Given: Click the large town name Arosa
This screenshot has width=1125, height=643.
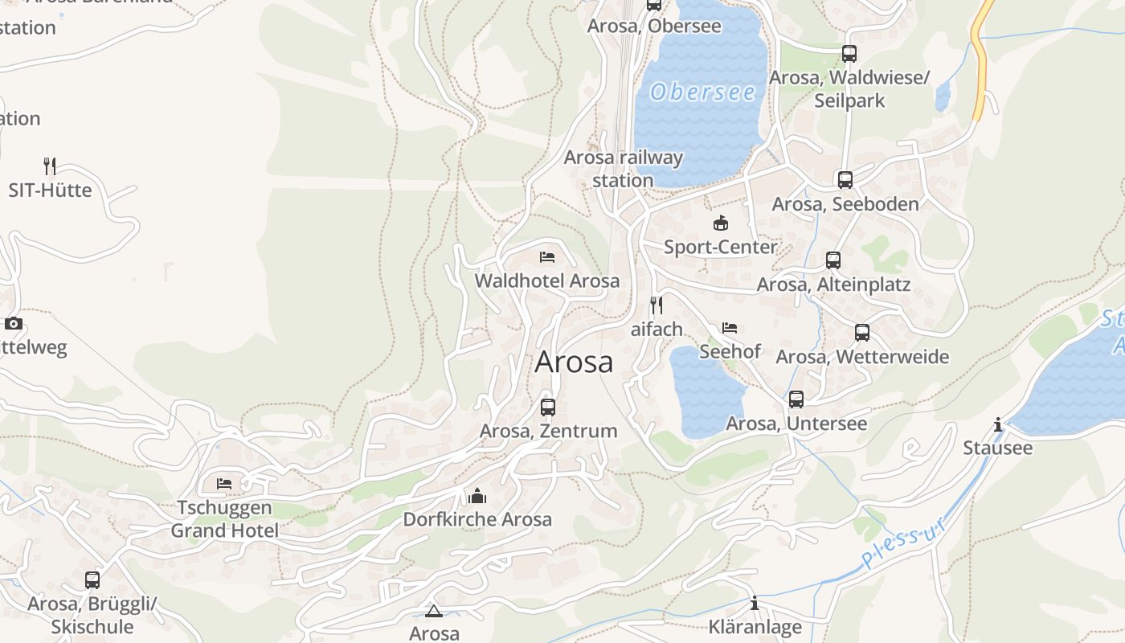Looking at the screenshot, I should tap(574, 362).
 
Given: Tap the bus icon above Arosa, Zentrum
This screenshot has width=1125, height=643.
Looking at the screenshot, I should tap(548, 408).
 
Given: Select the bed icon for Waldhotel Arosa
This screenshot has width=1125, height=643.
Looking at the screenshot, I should tap(547, 257).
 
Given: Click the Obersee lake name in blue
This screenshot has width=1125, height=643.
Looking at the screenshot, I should tap(703, 92).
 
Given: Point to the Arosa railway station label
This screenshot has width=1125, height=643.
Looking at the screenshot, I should tap(623, 169).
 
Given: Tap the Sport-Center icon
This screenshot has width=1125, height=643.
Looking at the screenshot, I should tap(721, 223).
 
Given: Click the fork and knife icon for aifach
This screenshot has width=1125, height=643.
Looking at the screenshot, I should tap(657, 305).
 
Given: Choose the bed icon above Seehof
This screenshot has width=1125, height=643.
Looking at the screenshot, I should tap(730, 328).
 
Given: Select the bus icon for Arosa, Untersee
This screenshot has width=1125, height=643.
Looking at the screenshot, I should tap(796, 399).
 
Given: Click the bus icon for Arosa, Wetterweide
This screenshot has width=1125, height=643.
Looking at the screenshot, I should tap(862, 333).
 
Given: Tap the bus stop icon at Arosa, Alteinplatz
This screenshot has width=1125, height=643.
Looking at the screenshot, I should tap(833, 260).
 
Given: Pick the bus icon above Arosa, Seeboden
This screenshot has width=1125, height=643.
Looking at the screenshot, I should tap(845, 180).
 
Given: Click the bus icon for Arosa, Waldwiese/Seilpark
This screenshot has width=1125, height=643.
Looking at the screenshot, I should tap(849, 54).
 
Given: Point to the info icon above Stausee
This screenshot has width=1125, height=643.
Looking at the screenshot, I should tap(998, 424).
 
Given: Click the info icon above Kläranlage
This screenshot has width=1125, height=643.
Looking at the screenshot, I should tap(755, 604).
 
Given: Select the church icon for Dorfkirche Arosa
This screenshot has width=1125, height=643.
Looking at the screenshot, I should tap(477, 496).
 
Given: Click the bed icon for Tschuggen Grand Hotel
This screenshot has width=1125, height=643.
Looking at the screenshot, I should tap(224, 484).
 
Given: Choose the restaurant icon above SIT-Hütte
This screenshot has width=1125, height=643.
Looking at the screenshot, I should tap(50, 166).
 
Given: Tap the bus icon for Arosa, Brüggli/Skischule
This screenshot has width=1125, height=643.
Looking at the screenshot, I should tap(92, 580).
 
